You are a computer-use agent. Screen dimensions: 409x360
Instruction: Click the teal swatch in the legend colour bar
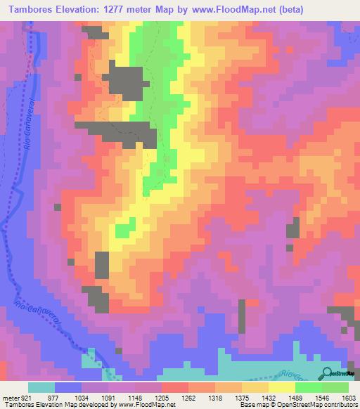point(41,387)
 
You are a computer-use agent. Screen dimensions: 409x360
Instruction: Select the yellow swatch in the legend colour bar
point(282,387)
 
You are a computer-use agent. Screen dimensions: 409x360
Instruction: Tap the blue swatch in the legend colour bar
point(68,387)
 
